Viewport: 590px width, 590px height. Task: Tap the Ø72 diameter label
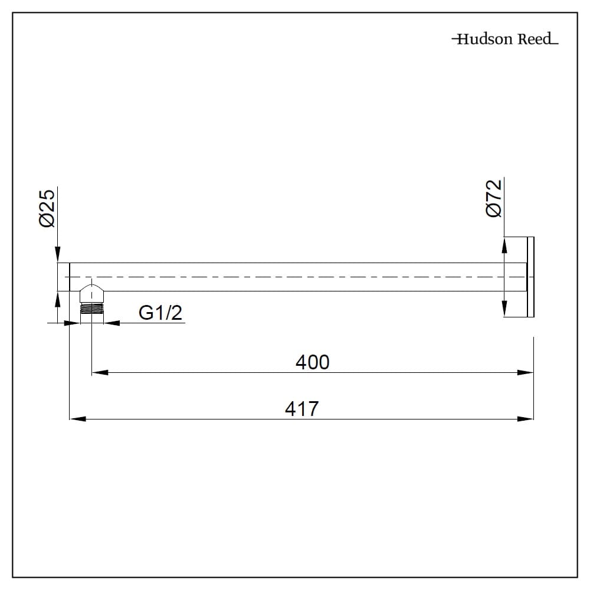pos(494,198)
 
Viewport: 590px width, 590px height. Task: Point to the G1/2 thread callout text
pos(160,313)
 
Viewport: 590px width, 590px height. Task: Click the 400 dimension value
pos(312,362)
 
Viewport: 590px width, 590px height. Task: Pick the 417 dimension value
pos(301,408)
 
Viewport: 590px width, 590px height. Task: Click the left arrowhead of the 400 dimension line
pos(99,372)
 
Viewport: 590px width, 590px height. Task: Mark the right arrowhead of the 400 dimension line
pos(526,372)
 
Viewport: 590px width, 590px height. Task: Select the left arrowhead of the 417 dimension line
pos(78,419)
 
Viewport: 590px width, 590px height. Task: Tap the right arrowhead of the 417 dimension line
pos(526,419)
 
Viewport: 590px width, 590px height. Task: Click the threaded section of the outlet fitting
pos(91,310)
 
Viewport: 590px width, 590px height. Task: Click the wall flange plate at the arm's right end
pos(530,277)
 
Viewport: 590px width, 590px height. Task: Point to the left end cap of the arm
pos(63,277)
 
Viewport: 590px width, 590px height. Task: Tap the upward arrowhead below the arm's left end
pos(57,299)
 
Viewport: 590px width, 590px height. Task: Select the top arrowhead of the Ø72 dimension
pos(504,245)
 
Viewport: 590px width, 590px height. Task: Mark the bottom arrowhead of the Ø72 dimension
pos(504,309)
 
